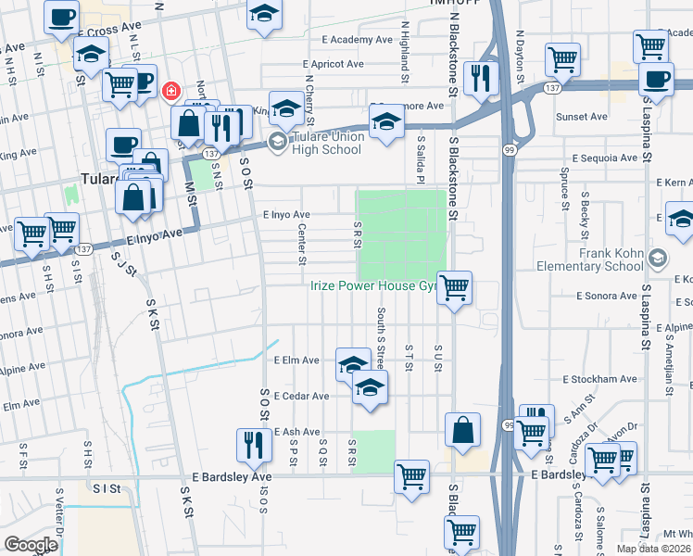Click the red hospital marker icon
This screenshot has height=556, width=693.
point(170,91)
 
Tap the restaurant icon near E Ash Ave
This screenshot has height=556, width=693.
point(251,445)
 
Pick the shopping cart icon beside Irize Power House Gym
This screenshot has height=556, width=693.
point(454,287)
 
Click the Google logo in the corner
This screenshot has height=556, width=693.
point(31,545)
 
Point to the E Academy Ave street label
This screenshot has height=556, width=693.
point(358,40)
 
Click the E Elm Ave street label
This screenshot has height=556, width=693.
point(296,360)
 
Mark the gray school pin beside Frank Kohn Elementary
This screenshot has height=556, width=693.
point(659,256)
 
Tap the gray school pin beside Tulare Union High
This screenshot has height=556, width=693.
point(276,141)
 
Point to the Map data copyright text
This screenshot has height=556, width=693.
point(654,549)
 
